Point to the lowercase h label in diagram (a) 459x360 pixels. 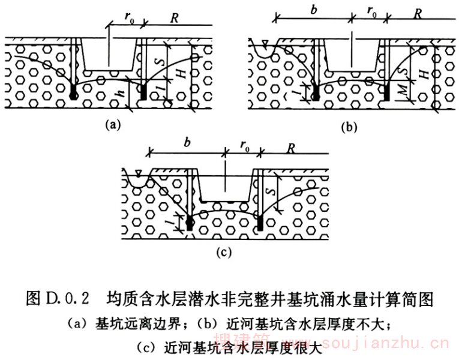point(121,95)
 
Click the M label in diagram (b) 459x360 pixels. point(400,91)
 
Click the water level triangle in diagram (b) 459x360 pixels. point(265,43)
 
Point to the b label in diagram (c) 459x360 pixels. point(187,145)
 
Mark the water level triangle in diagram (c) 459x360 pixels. point(139,174)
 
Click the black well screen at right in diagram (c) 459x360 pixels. point(260,223)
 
